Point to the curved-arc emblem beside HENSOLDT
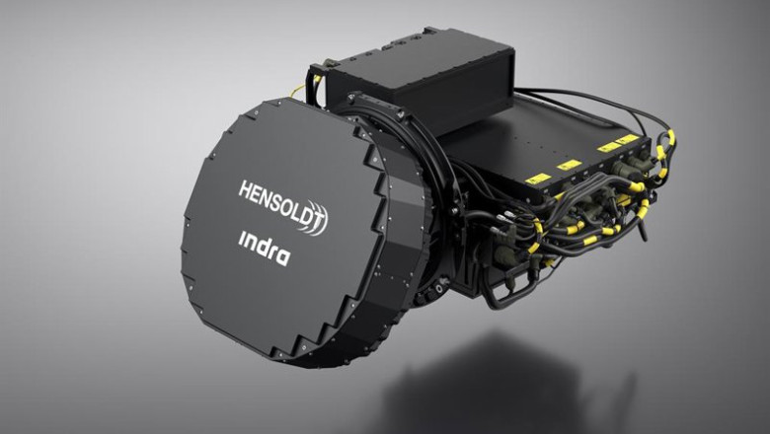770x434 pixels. [315, 219]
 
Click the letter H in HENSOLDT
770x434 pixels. [245, 189]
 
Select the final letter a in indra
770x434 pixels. [283, 257]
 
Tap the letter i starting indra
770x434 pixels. [241, 239]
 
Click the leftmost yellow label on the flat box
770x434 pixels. [538, 179]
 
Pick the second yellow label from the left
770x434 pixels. [570, 165]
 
